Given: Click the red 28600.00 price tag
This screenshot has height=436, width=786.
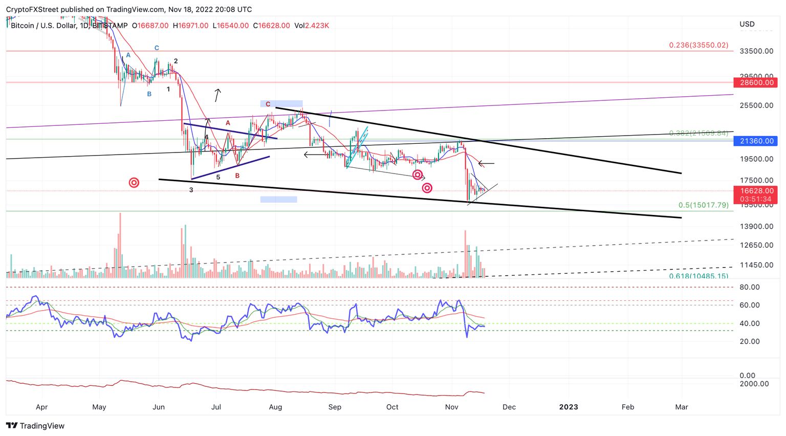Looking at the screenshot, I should (x=755, y=82).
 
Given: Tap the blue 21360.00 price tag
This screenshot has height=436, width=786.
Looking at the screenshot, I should (x=755, y=141).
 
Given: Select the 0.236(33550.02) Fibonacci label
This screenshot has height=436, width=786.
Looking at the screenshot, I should (x=698, y=45).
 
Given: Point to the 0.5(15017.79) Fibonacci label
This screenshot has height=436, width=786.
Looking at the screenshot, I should (x=703, y=205).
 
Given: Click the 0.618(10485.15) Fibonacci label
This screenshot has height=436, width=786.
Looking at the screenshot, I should (x=698, y=276).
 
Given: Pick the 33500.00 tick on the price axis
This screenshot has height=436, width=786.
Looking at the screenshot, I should (x=756, y=51).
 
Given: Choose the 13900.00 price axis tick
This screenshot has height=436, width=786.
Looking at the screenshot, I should (x=756, y=226).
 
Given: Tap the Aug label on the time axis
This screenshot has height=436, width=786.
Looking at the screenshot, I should (x=275, y=407).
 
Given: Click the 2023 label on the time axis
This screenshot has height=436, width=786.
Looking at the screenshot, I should (x=569, y=407).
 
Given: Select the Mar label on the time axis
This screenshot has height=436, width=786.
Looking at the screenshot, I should (x=681, y=407).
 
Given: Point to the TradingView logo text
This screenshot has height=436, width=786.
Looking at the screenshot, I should (x=35, y=426).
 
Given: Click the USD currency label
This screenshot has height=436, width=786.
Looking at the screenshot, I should (x=747, y=24).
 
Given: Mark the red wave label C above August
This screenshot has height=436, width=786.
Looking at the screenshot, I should (x=268, y=104).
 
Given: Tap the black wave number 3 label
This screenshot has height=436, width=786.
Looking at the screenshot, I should (x=191, y=190).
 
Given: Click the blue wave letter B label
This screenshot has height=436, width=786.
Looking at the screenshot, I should (x=149, y=94).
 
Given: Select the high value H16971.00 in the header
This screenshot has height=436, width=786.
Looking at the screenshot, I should (x=190, y=26).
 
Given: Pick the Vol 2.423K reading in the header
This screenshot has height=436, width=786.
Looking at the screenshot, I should (x=312, y=26).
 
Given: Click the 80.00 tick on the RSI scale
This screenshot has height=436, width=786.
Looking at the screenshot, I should (x=749, y=287).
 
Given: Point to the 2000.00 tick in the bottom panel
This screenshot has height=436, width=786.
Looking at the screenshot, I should (x=754, y=384).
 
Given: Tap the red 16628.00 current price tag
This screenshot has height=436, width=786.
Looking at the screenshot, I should (x=755, y=190).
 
